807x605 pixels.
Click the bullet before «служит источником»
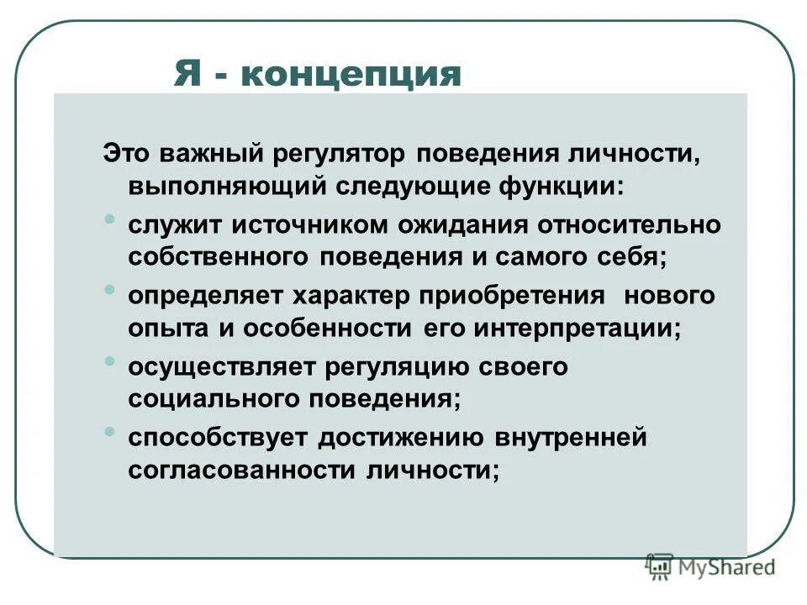coord(111,220)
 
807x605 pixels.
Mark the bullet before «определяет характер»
coord(111,291)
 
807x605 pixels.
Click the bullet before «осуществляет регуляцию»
coord(111,361)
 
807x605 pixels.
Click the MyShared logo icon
coord(659,566)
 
